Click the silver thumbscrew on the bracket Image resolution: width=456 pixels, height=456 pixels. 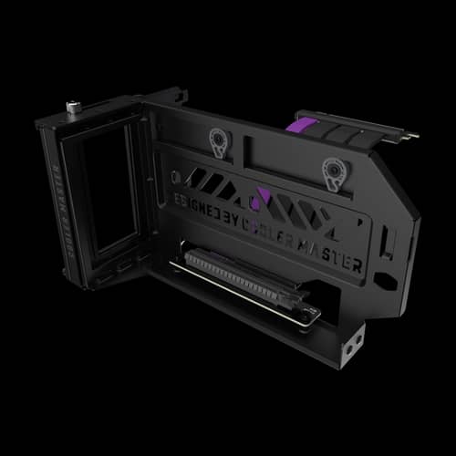[70, 109]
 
